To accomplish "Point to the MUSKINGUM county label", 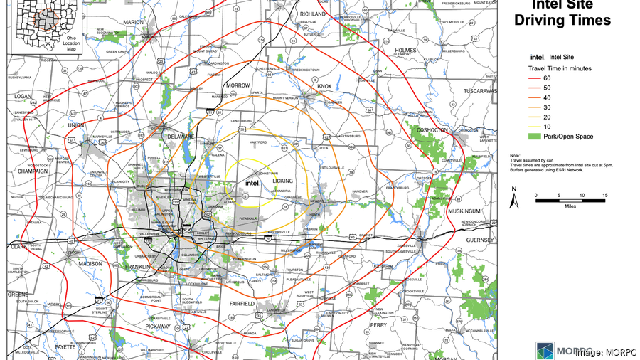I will click(x=465, y=211).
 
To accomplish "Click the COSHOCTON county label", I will click(x=431, y=130).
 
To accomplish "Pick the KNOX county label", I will click(x=324, y=86).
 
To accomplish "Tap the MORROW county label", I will click(x=238, y=85).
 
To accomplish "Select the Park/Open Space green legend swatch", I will click(x=535, y=137).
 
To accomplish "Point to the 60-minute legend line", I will click(x=535, y=78).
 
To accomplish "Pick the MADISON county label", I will click(x=91, y=263).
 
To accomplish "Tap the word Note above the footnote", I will click(x=515, y=155).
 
